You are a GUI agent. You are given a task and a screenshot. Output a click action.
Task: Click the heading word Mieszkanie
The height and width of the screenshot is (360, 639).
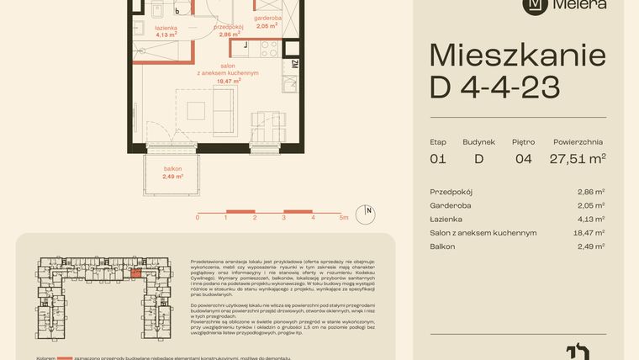pyautogui.click(x=517, y=56)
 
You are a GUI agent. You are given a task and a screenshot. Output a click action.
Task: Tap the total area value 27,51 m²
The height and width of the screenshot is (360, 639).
pyautogui.click(x=578, y=158)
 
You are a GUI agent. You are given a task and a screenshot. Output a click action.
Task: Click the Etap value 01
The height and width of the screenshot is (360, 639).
pyautogui.click(x=437, y=158)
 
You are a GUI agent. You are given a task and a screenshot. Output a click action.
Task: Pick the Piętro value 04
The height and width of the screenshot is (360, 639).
pyautogui.click(x=523, y=158)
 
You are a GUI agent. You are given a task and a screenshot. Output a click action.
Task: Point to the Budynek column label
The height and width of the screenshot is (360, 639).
pyautogui.click(x=479, y=141)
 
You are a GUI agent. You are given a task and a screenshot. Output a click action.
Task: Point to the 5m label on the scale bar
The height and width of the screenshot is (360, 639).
pyautogui.click(x=343, y=218)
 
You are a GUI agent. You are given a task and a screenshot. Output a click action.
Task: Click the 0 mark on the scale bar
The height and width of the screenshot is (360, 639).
pyautogui.click(x=198, y=218)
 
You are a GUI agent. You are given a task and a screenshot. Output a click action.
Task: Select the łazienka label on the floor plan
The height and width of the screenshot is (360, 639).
pyautogui.click(x=166, y=28)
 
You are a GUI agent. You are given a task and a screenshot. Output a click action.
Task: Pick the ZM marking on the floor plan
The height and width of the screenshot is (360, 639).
pyautogui.click(x=293, y=63)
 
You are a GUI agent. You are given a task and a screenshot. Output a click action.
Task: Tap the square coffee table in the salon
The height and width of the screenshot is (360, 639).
pyautogui.click(x=196, y=111)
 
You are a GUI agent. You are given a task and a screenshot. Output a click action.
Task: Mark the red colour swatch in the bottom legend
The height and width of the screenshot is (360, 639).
pyautogui.click(x=64, y=357)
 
